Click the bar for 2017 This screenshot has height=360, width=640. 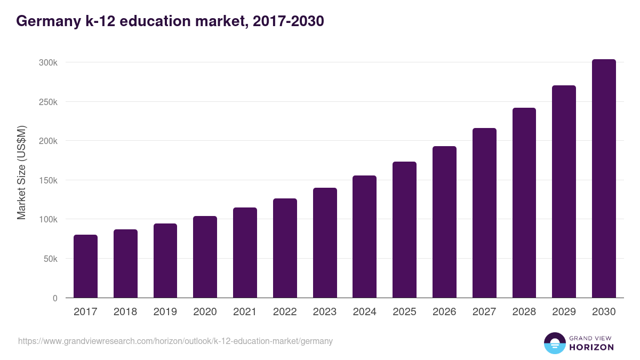[85, 266]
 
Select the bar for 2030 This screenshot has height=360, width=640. [604, 179]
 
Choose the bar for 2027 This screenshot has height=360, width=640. [484, 213]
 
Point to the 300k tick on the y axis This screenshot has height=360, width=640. [48, 62]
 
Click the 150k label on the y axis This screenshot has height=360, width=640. [48, 180]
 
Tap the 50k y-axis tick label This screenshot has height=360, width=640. [50, 259]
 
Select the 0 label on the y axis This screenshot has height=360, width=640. [55, 298]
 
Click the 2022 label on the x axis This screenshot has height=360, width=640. [285, 312]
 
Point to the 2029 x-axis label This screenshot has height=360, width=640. [564, 312]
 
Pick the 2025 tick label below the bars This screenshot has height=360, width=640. [404, 312]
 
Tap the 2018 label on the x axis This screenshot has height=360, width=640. [125, 312]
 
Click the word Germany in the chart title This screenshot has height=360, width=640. [45, 21]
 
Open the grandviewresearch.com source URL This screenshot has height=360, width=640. [175, 341]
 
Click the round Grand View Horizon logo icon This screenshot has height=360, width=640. [554, 343]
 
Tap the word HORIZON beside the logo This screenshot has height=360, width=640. [591, 347]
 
